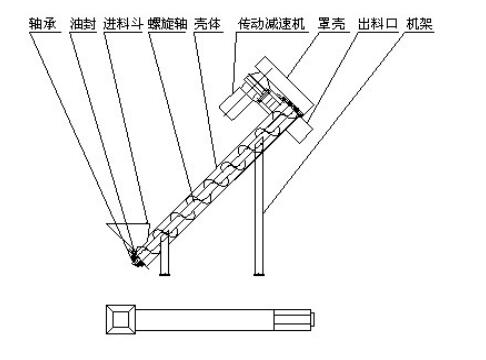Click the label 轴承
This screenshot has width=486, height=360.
(42, 24)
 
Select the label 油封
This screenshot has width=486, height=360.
(83, 24)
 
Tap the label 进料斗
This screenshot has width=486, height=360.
(123, 24)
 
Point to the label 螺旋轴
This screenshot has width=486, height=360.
(167, 24)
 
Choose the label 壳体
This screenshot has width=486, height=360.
(207, 24)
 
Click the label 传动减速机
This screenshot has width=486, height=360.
(271, 24)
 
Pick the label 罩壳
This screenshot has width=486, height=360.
(331, 24)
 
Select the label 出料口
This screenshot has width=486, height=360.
(378, 24)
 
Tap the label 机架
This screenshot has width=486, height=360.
(420, 24)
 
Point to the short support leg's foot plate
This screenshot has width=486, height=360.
(165, 274)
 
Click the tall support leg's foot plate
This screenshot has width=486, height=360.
(259, 274)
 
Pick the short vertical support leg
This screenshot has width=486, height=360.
(165, 254)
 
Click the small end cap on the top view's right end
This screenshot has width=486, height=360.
(313, 319)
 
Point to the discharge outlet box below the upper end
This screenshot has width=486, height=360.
(299, 130)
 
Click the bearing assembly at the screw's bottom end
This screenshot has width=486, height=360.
(137, 258)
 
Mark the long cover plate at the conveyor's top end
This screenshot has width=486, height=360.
(284, 86)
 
